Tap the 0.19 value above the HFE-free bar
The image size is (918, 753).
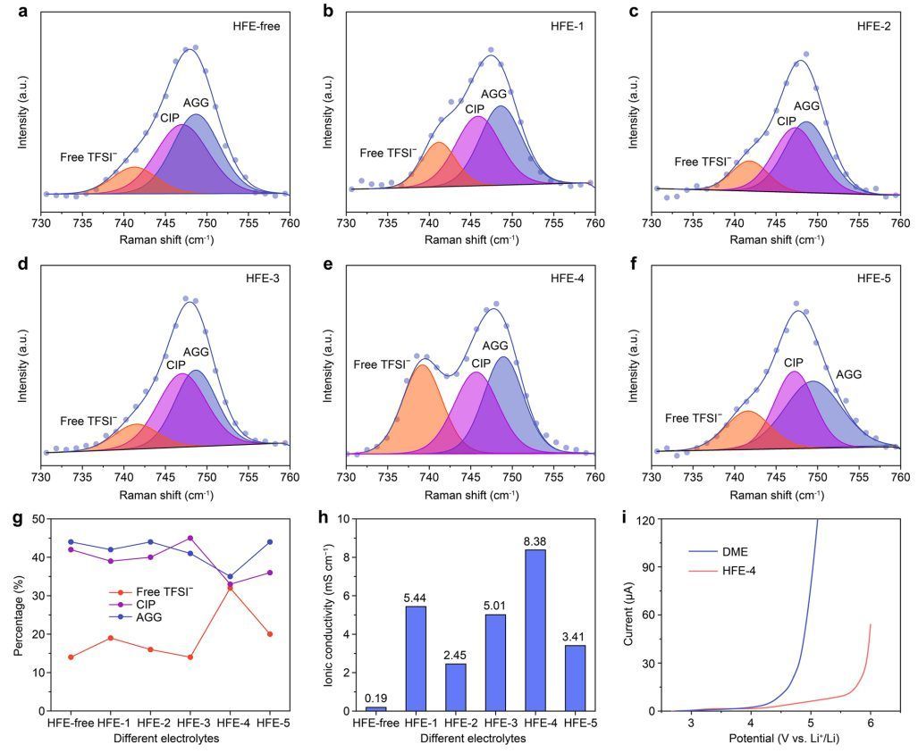[x=376, y=697]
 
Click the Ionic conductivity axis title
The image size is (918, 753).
[x=327, y=615]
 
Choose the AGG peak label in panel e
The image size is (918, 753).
[x=495, y=346]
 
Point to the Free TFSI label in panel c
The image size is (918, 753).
[x=702, y=162]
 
